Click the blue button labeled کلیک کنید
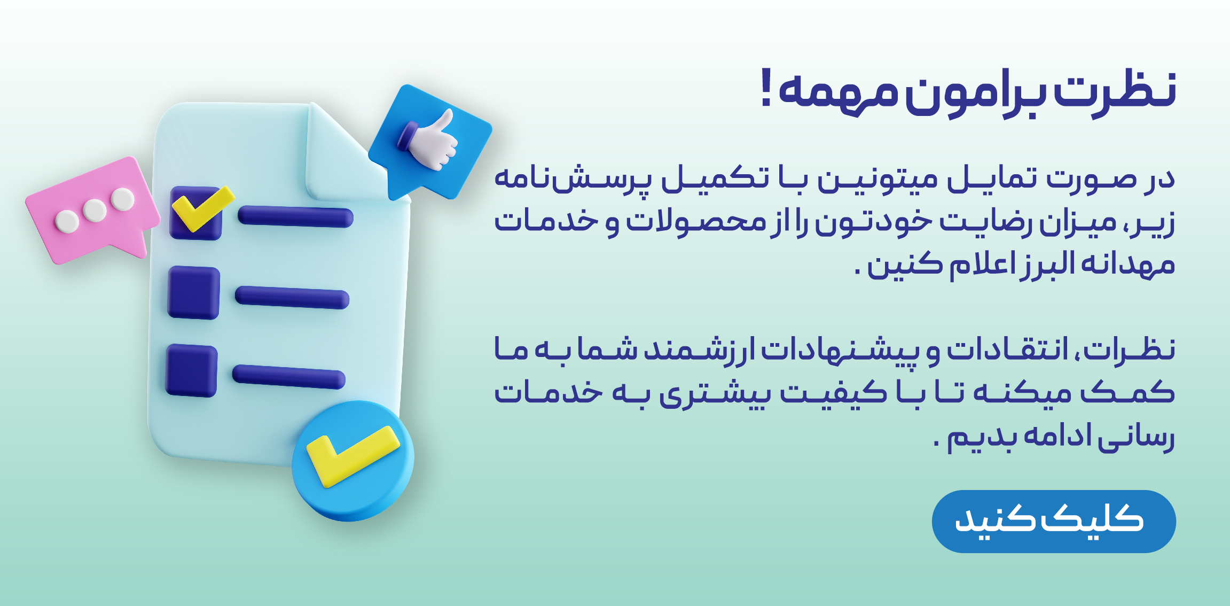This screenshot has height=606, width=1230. (x=1053, y=521)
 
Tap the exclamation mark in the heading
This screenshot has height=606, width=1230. (x=766, y=88)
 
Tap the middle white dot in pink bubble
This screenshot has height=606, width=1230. (x=95, y=210)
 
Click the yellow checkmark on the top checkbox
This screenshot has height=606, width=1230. (x=202, y=208)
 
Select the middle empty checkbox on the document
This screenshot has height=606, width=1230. (x=193, y=293)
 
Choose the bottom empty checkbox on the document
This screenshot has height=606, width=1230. (x=191, y=371)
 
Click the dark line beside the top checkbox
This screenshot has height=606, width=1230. (x=295, y=217)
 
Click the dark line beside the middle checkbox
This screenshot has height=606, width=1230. (x=292, y=297)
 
